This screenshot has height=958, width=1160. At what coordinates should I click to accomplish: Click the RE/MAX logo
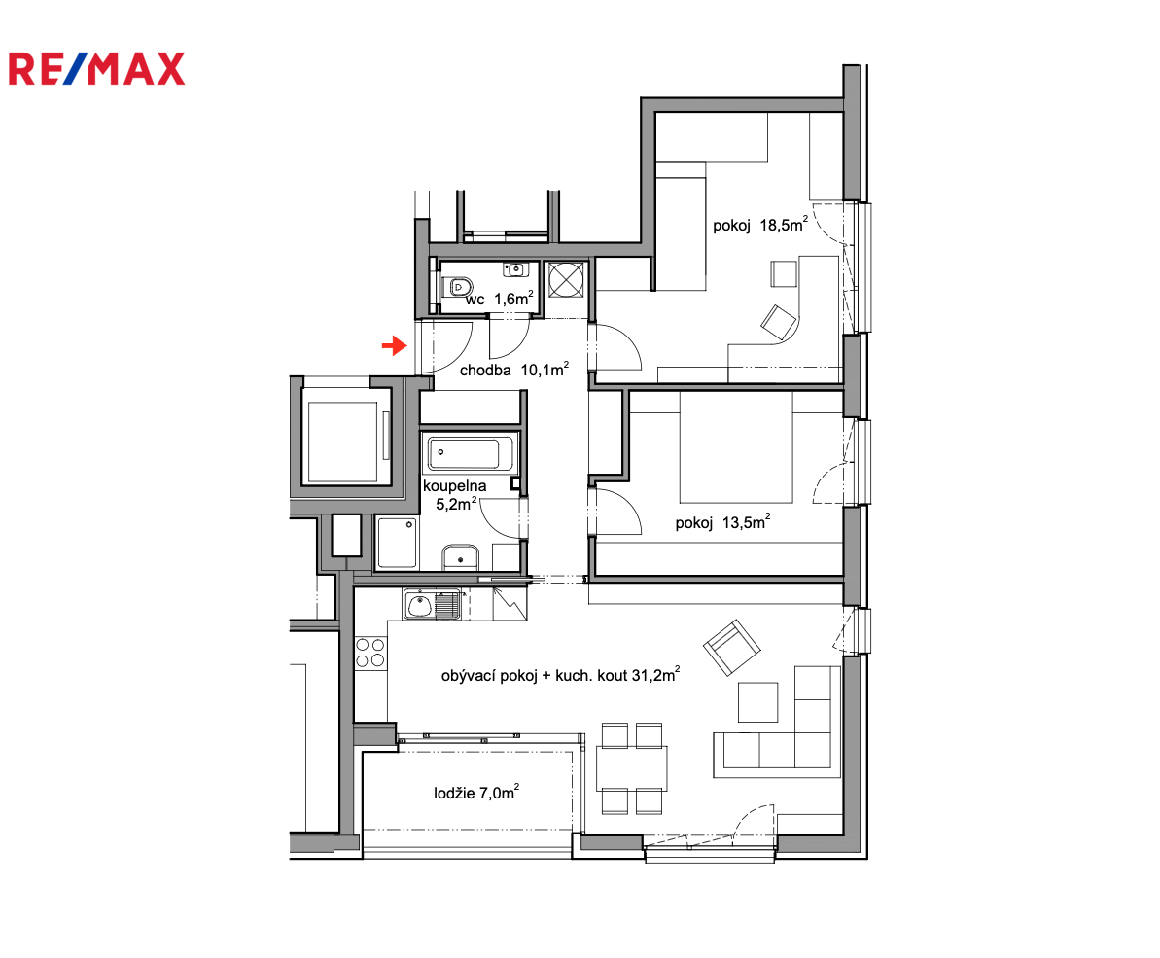pos(96,69)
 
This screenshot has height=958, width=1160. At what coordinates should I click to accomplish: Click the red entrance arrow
pos(395,345)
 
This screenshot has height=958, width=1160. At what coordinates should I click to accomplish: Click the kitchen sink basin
pos(419,605)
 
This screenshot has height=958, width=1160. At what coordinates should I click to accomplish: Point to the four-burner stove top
pos(370,653)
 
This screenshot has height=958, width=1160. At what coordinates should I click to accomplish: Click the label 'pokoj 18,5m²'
pos(759,224)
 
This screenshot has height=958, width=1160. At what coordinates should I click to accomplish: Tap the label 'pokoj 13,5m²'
pos(722,521)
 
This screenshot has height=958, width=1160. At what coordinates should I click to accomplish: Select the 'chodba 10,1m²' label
pos(514,370)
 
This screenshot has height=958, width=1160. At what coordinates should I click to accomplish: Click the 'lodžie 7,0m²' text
pos(476,793)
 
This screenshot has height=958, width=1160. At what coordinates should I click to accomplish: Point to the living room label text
pos(560,675)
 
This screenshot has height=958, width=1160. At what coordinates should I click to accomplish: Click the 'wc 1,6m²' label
pos(500,299)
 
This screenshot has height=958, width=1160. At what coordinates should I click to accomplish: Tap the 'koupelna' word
pos(454,486)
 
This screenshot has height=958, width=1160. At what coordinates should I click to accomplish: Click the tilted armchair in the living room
pos(731,648)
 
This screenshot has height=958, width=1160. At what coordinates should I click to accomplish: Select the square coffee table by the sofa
pos(757,701)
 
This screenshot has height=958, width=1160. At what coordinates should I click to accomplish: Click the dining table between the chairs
pos(632,768)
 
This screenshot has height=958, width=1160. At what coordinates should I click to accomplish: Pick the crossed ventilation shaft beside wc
pos(567,280)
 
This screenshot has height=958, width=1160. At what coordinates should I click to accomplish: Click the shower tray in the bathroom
pos(398,543)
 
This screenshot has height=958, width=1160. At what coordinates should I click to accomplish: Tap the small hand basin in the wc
pos(515,269)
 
